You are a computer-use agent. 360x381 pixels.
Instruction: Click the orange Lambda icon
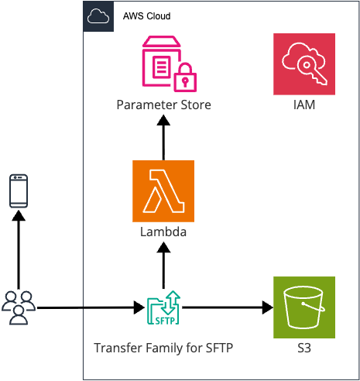coord(163,190)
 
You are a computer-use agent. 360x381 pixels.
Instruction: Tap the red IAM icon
coord(304,64)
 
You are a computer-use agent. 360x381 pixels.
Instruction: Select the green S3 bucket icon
coord(304,307)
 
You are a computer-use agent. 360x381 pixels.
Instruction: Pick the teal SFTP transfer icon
coord(163,307)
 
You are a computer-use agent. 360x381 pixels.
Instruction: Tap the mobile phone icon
coord(19,190)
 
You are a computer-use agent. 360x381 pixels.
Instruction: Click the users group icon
coord(19,307)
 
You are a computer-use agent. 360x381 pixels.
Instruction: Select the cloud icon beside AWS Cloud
coord(98,16)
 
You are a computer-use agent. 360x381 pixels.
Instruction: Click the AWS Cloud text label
coord(147,16)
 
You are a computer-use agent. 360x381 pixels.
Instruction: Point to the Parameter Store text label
coord(163,105)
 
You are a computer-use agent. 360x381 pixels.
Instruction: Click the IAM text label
coord(304,105)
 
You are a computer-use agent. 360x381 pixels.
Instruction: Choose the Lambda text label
coord(163,231)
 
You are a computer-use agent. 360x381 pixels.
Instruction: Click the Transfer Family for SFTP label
coord(163,348)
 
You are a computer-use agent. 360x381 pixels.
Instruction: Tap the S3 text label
coord(304,348)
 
